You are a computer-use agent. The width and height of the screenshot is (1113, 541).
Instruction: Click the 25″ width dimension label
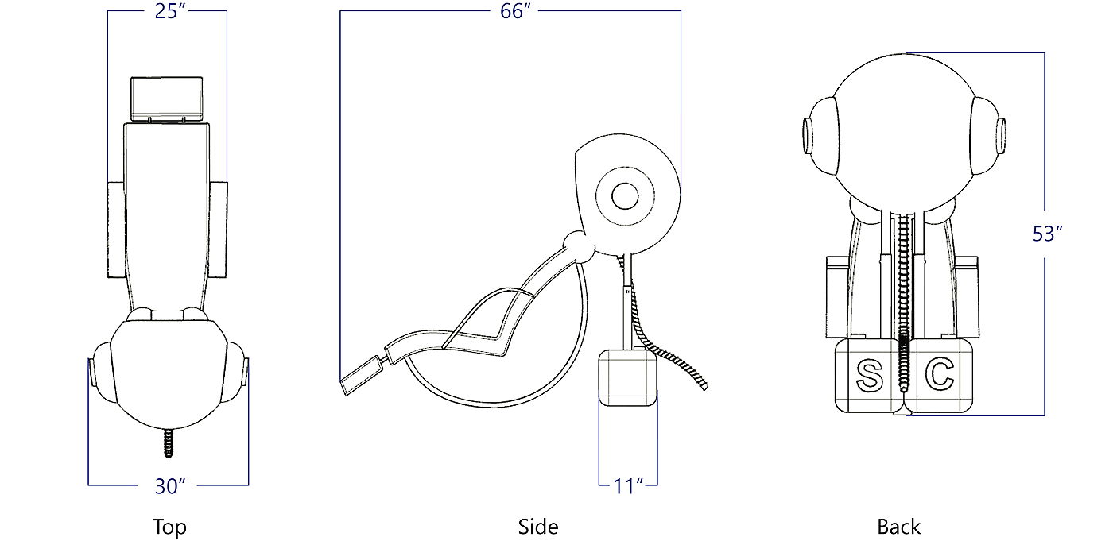pos(170,11)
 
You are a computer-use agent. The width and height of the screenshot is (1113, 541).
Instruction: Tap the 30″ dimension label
pos(170,486)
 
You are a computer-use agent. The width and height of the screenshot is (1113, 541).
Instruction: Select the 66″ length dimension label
pos(515,11)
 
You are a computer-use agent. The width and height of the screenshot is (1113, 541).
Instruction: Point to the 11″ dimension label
pos(628,486)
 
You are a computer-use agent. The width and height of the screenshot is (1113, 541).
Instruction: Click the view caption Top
pos(169,527)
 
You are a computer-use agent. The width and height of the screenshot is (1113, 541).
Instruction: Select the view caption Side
pos(538,527)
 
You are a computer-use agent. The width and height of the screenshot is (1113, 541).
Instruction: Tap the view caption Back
pos(899,527)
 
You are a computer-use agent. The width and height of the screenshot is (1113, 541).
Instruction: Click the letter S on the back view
pos(870,377)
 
